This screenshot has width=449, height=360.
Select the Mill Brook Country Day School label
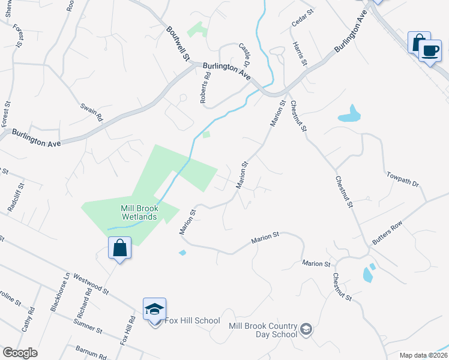[x=263, y=330]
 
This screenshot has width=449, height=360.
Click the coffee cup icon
[x=429, y=50]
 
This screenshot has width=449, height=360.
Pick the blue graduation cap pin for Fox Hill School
[x=154, y=309]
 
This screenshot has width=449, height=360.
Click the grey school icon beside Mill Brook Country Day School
[x=306, y=329]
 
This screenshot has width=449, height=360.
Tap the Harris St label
[x=300, y=53]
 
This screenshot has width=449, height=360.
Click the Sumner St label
[x=88, y=326]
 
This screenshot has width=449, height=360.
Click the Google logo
[x=20, y=353]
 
